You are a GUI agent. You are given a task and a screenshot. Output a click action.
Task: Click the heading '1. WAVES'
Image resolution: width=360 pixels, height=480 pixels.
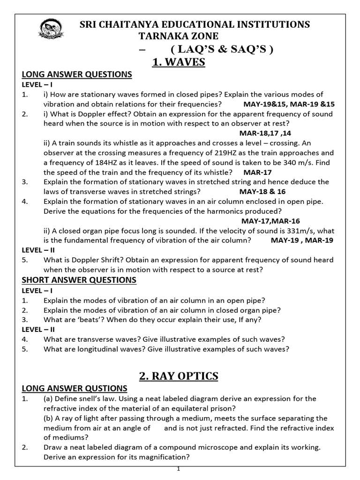[179, 61]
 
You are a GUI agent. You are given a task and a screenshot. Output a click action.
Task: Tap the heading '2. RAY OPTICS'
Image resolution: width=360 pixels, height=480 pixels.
[179, 376]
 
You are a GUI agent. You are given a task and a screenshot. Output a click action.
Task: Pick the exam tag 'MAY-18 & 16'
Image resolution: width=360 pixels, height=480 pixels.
[262, 191]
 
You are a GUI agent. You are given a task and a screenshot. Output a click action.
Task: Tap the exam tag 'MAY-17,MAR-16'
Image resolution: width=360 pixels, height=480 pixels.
[270, 221]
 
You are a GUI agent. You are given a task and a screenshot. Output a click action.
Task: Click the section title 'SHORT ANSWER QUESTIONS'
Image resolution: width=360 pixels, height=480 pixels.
[79, 280]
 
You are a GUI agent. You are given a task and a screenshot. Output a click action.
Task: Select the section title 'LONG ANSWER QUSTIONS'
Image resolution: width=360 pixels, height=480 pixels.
[75, 388]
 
